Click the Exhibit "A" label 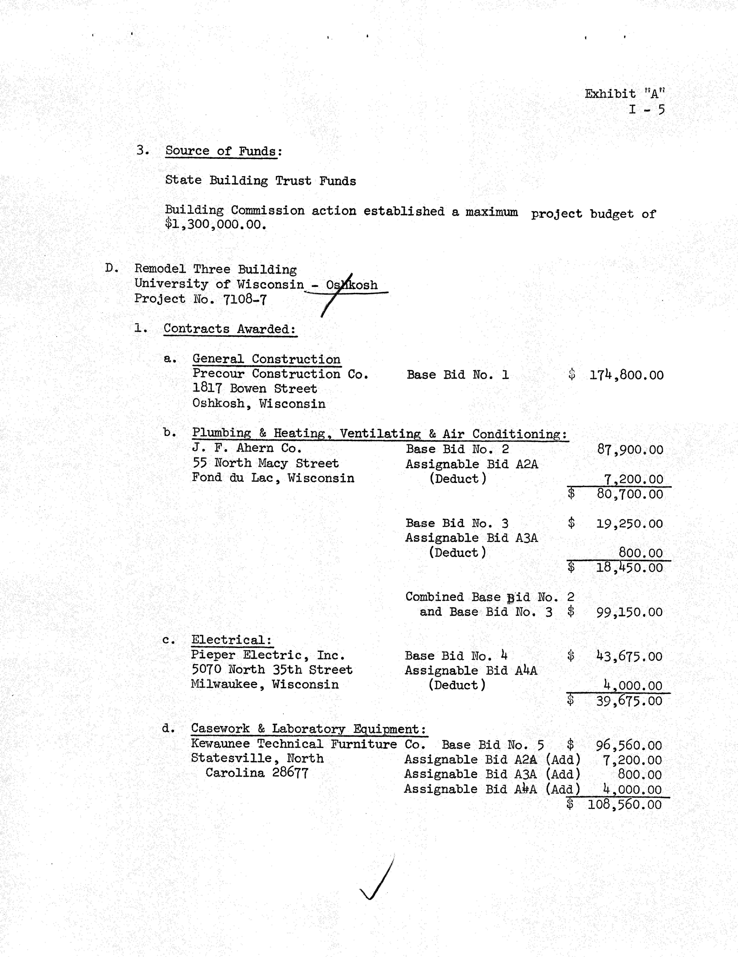tap(625, 94)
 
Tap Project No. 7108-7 tap(200, 299)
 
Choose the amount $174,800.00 tap(626, 375)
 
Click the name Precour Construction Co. tap(280, 374)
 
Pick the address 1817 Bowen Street tap(254, 389)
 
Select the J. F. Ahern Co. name tap(247, 448)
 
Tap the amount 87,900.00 tap(630, 450)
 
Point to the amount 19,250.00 tap(629, 524)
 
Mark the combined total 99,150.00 tap(629, 612)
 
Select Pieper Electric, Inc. tap(268, 656)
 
